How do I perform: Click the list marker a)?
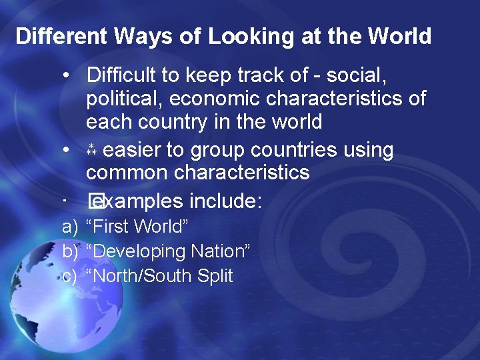click(69, 227)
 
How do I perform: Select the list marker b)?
click(69, 251)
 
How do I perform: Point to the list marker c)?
click(69, 276)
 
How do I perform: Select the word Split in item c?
click(215, 276)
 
